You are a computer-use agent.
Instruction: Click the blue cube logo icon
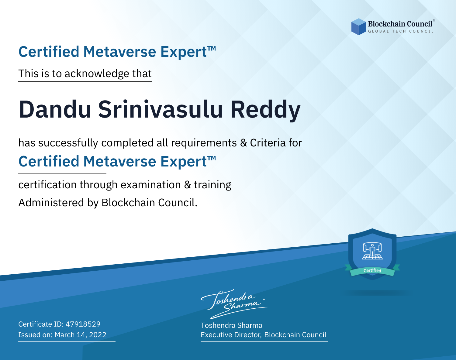click(358, 27)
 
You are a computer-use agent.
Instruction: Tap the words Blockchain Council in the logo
click(400, 24)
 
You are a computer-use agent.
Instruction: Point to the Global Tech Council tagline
click(401, 31)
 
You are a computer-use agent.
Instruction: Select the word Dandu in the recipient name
click(55, 110)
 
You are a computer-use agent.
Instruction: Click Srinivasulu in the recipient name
click(161, 109)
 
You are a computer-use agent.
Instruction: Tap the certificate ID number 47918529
click(83, 324)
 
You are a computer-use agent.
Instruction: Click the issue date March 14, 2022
click(80, 334)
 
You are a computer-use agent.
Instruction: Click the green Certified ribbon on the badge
click(372, 271)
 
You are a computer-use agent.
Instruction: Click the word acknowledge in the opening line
click(97, 74)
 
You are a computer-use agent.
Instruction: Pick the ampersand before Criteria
click(244, 143)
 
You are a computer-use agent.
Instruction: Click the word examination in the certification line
click(150, 185)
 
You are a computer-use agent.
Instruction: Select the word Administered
click(51, 202)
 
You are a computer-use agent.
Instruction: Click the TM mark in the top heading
click(212, 49)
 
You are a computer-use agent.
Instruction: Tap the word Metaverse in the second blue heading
click(120, 161)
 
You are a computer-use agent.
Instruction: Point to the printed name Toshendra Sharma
click(231, 325)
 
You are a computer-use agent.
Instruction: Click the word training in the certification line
click(212, 185)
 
